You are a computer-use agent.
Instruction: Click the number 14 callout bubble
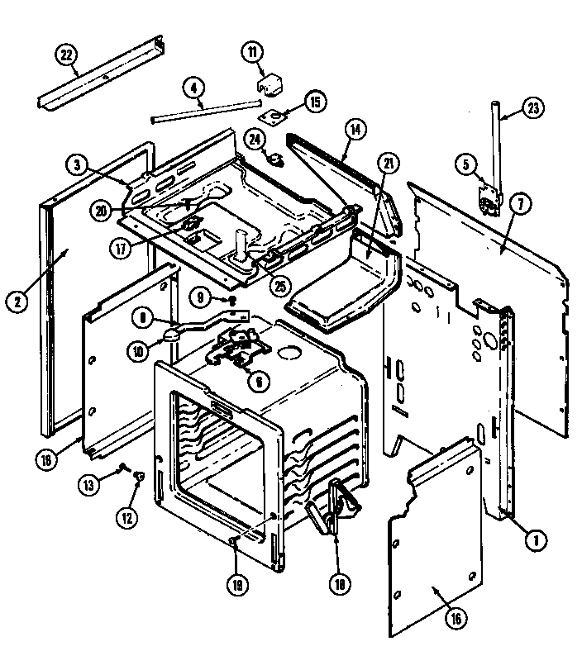point(355,129)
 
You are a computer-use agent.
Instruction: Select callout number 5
point(467,164)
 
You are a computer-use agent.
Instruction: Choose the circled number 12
point(126,519)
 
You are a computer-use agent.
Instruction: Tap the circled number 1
point(535,542)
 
